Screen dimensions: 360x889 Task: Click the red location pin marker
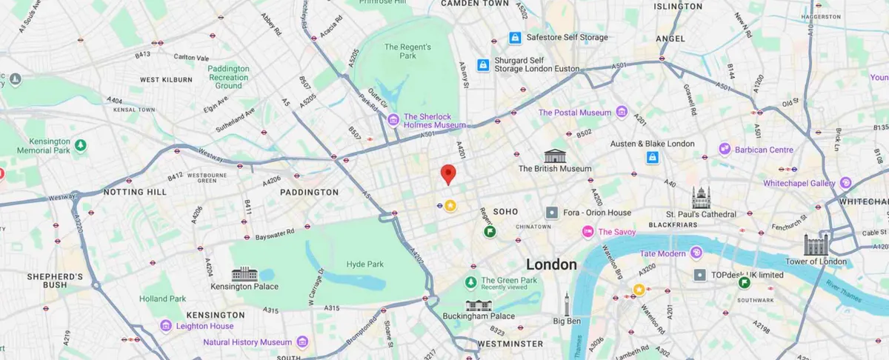click(448, 174)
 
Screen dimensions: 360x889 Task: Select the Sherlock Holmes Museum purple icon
click(394, 119)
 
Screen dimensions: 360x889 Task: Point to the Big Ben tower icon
click(567, 304)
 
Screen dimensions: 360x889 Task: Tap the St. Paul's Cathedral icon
click(701, 198)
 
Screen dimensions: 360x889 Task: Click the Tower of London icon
click(816, 244)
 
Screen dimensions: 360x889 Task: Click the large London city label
click(551, 264)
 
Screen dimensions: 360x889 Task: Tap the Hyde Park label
click(365, 264)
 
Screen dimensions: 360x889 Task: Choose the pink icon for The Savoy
click(587, 232)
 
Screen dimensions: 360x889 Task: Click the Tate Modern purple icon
click(696, 253)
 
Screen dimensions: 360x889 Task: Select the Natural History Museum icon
click(302, 342)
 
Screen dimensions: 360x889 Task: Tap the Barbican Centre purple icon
click(725, 150)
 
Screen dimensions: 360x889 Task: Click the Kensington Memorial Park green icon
click(80, 145)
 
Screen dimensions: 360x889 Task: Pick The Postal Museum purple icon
click(621, 113)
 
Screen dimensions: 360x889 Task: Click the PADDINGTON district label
click(309, 193)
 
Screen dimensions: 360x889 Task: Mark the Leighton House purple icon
click(166, 326)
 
